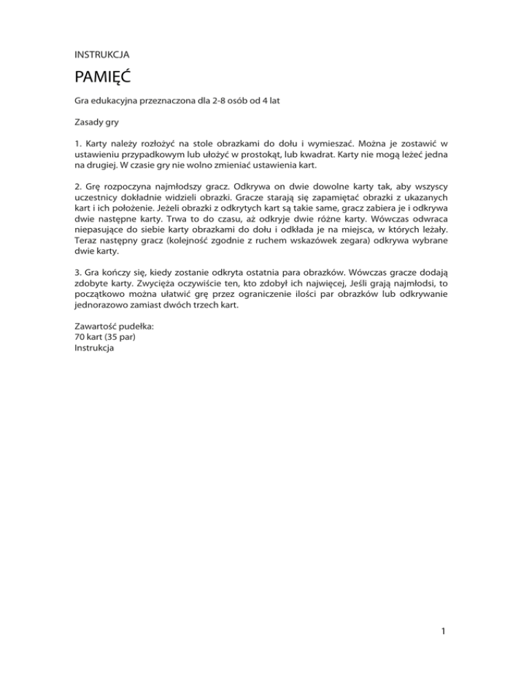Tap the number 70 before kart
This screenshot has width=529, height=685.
[x=80, y=338]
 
